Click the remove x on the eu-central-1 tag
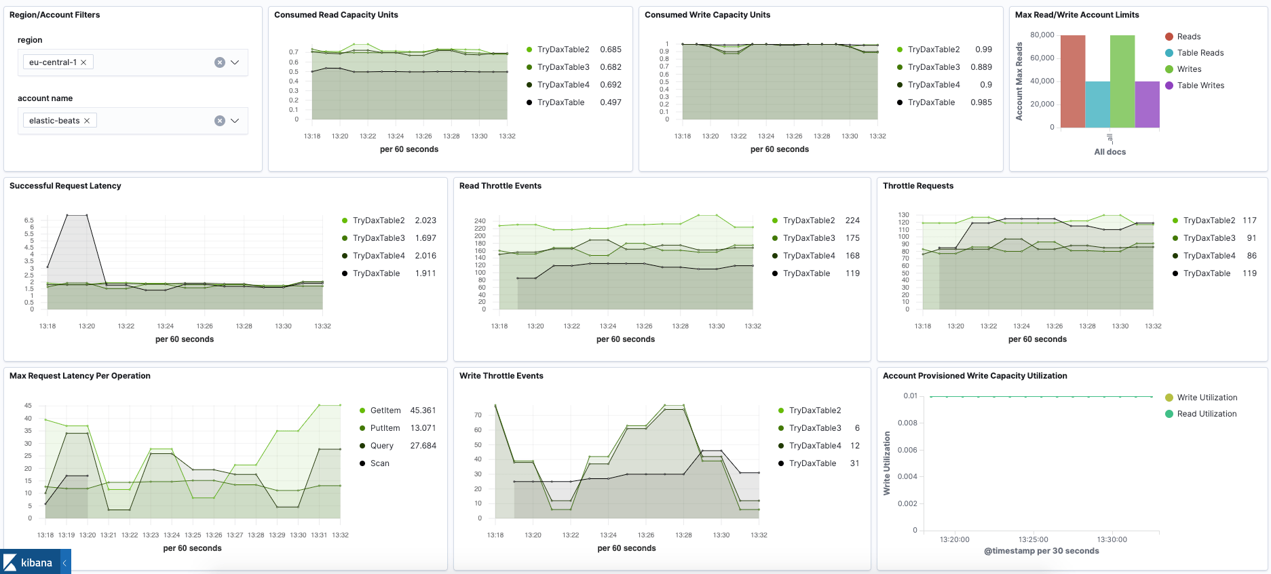(83, 62)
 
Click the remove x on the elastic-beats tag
(87, 121)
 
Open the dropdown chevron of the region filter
(235, 62)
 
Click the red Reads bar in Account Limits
(1072, 81)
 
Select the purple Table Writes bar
(1147, 104)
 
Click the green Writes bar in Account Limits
(1122, 81)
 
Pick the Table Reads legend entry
(1200, 53)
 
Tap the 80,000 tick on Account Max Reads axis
(1042, 35)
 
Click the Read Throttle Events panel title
(500, 186)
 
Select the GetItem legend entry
(385, 410)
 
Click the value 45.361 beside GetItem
(423, 410)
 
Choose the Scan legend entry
(379, 463)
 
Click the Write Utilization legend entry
(1207, 398)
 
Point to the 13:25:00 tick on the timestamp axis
(1033, 539)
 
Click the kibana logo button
(29, 562)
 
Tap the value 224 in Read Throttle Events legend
(852, 221)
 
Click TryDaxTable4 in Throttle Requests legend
(1209, 256)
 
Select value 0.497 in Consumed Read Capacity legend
(610, 102)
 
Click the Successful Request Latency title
(65, 186)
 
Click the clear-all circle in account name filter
(219, 121)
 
